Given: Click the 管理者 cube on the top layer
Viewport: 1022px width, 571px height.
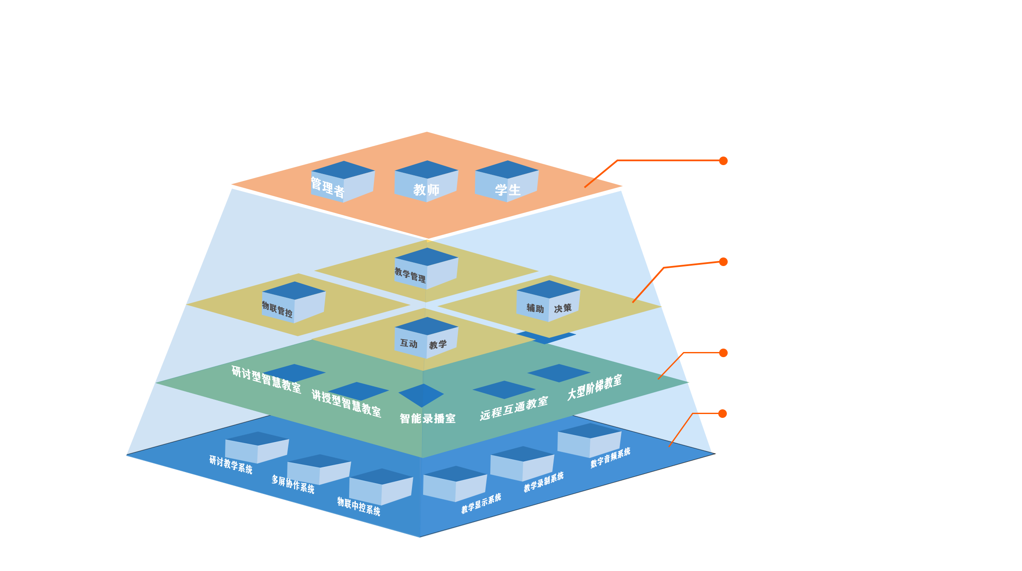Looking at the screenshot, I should [x=342, y=182].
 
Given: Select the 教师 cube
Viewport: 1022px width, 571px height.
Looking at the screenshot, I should [x=426, y=182].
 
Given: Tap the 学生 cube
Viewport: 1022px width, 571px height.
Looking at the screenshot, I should [x=507, y=182].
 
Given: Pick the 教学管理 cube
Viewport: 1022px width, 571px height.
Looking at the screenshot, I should [x=426, y=269].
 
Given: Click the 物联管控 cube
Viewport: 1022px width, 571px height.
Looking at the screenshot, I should [x=293, y=303].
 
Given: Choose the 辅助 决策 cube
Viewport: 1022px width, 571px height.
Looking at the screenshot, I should [x=548, y=302].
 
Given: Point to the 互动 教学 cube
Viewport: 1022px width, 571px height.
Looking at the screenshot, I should [x=426, y=338].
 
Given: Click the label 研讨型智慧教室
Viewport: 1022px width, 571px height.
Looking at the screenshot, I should [x=266, y=379].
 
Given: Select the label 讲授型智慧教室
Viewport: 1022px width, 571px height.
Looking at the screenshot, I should [x=346, y=403].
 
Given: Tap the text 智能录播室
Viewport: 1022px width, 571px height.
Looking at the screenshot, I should [x=427, y=418].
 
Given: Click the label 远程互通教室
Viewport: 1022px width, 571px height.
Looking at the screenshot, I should [x=513, y=408].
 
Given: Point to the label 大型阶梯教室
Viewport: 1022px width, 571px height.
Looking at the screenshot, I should [x=594, y=388].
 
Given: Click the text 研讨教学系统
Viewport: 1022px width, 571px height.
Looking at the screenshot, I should [x=231, y=465].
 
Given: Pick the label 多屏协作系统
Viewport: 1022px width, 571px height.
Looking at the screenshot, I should [x=293, y=484].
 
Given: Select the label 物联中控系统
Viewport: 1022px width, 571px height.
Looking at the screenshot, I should [x=358, y=506].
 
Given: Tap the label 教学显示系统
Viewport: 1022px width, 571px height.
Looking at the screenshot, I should [x=481, y=503].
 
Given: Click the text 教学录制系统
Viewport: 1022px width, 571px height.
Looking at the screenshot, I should [x=543, y=482].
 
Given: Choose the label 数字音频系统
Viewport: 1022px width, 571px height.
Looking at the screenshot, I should [x=610, y=458].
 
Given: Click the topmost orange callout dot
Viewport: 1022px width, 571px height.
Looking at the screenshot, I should [x=723, y=160].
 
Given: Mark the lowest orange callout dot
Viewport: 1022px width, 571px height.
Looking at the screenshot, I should [x=723, y=414].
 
